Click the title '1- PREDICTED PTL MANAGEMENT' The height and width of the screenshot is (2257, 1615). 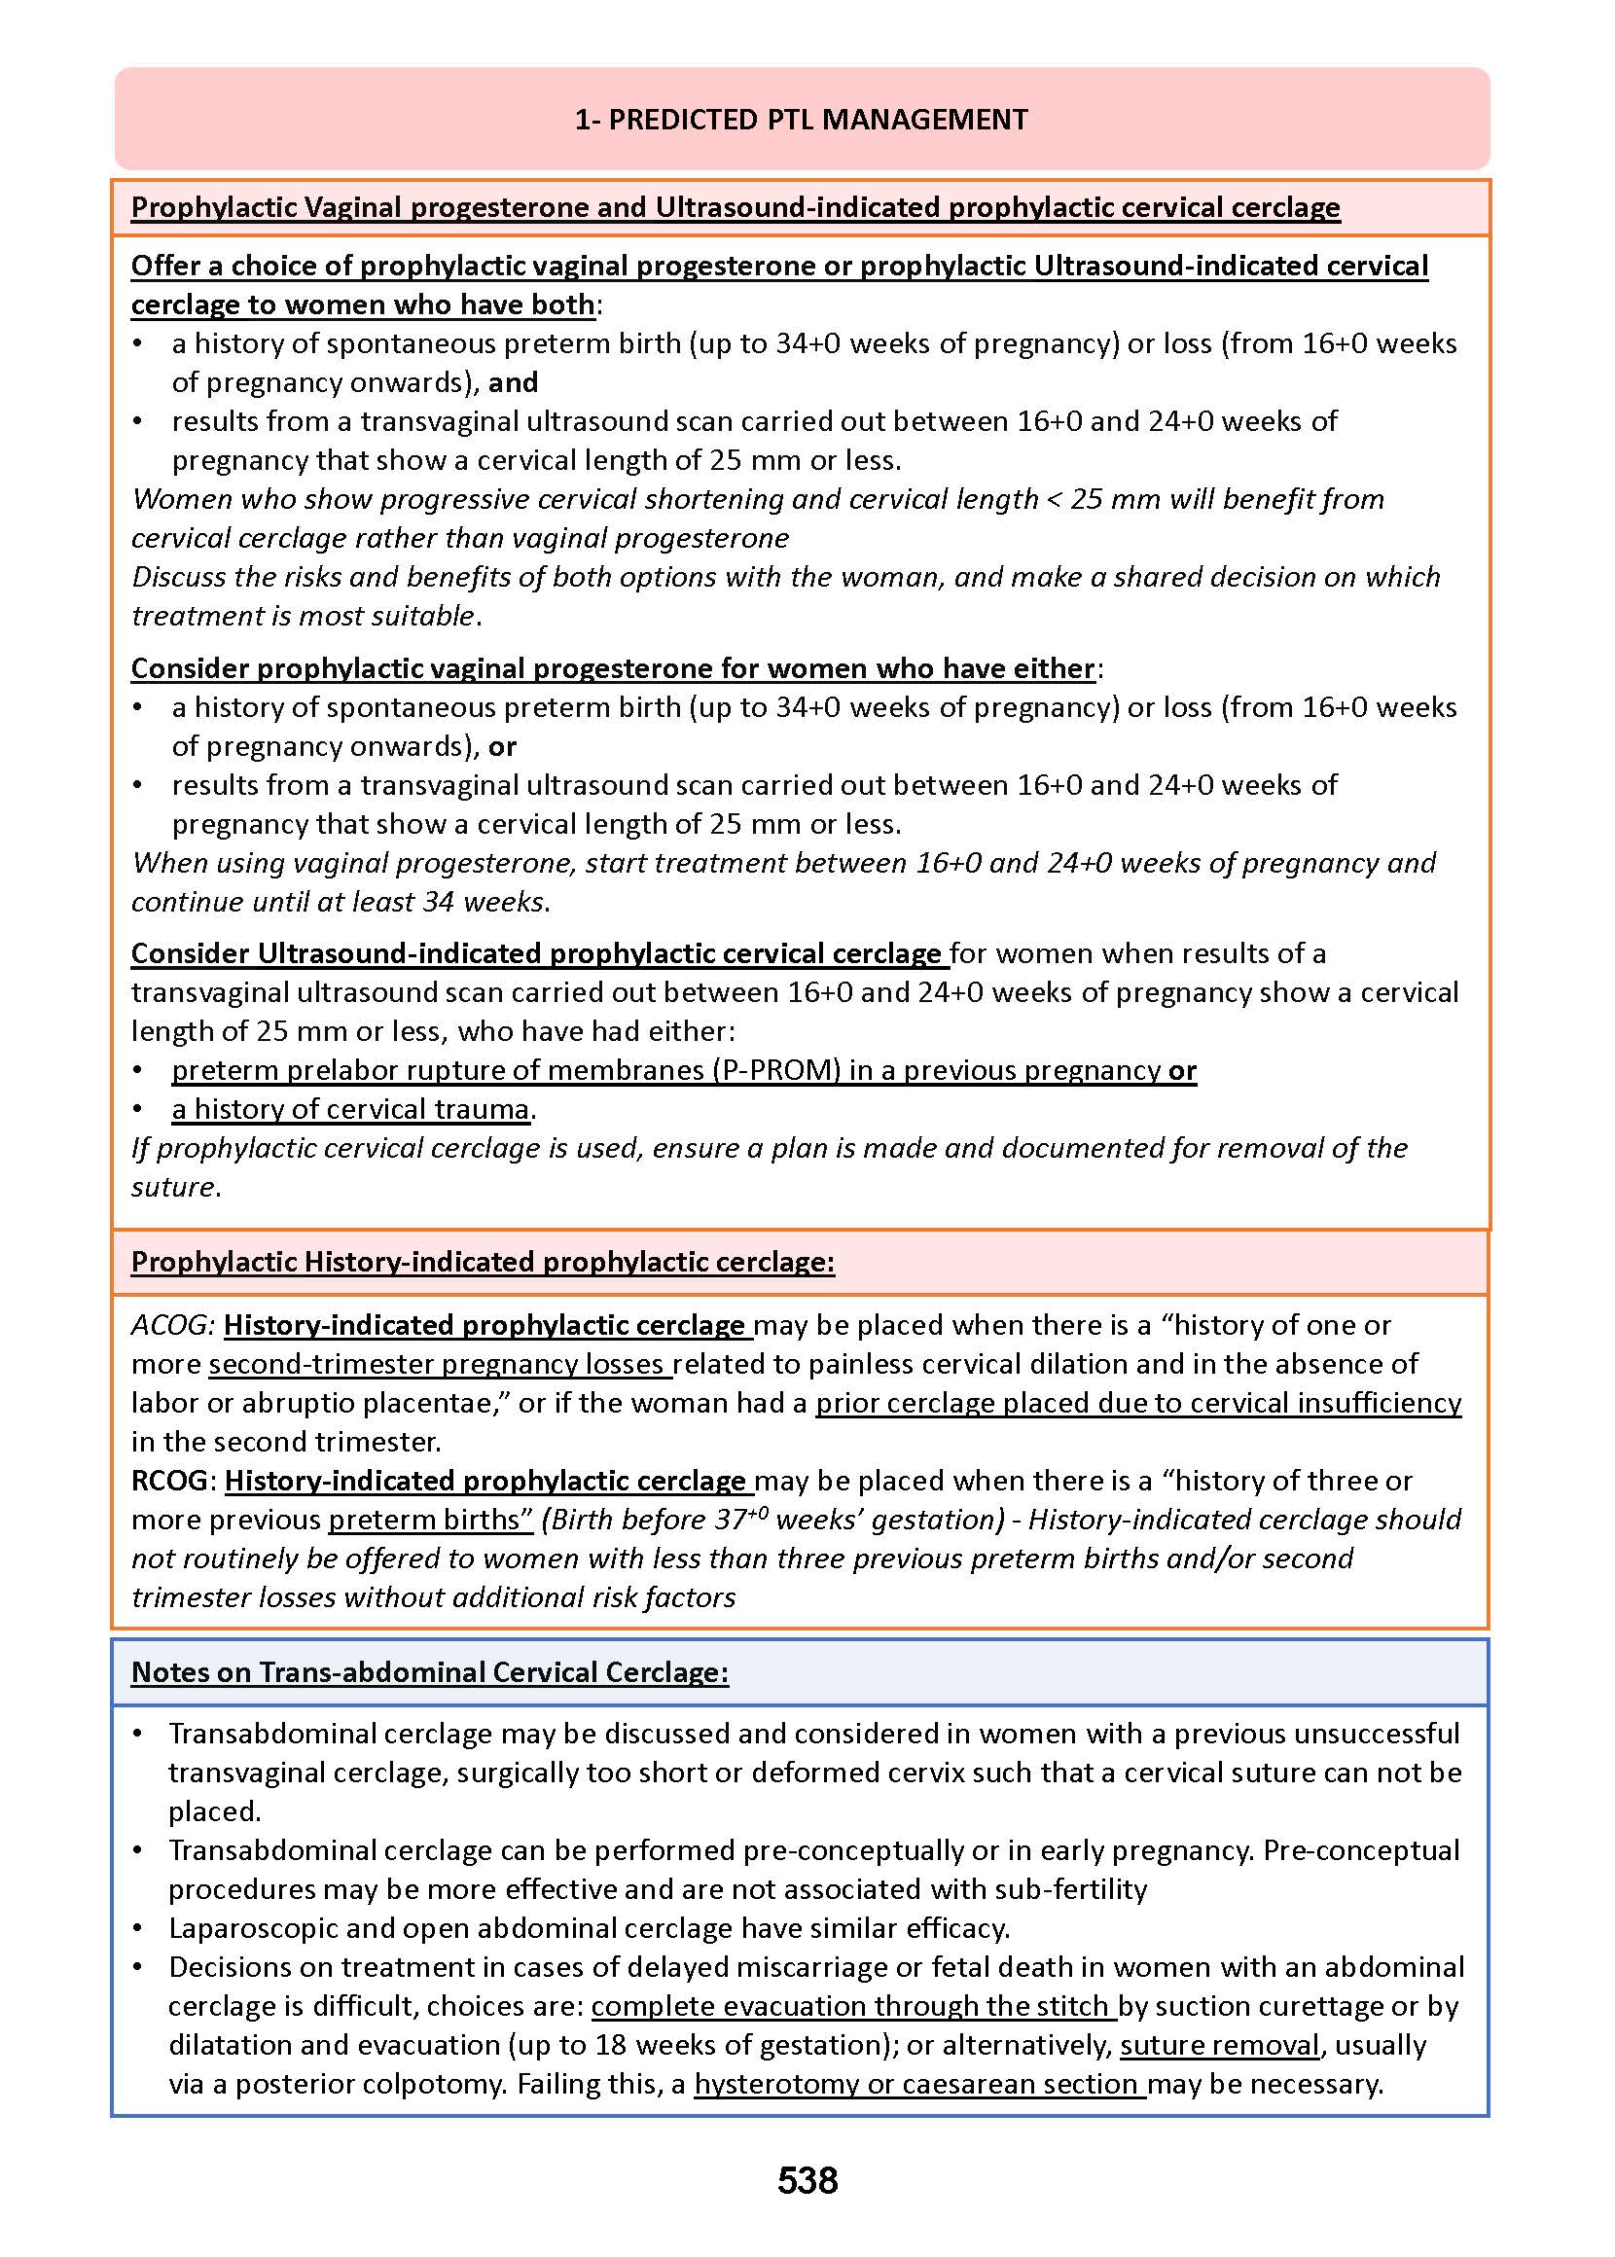801,120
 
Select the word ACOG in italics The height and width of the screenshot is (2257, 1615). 172,1324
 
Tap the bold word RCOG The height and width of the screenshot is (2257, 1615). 170,1481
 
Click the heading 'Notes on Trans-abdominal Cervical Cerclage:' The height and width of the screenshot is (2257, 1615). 430,1671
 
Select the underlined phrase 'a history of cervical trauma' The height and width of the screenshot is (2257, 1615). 350,1109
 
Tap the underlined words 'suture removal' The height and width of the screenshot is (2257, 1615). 1220,2044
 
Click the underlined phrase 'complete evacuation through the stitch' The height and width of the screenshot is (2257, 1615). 852,2005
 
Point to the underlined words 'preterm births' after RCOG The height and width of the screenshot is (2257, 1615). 424,1520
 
